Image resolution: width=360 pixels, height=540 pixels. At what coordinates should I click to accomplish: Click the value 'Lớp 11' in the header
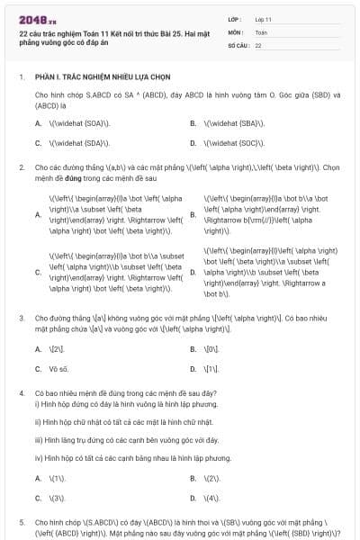tap(265, 18)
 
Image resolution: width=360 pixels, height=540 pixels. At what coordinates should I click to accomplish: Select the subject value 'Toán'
tap(261, 31)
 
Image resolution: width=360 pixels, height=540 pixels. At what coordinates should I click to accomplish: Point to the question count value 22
tap(257, 44)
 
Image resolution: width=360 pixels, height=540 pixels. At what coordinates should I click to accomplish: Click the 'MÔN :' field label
tap(236, 31)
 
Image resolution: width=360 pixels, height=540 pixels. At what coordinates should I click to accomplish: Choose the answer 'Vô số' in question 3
tap(58, 369)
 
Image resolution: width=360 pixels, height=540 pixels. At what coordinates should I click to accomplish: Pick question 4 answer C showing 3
tap(57, 498)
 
